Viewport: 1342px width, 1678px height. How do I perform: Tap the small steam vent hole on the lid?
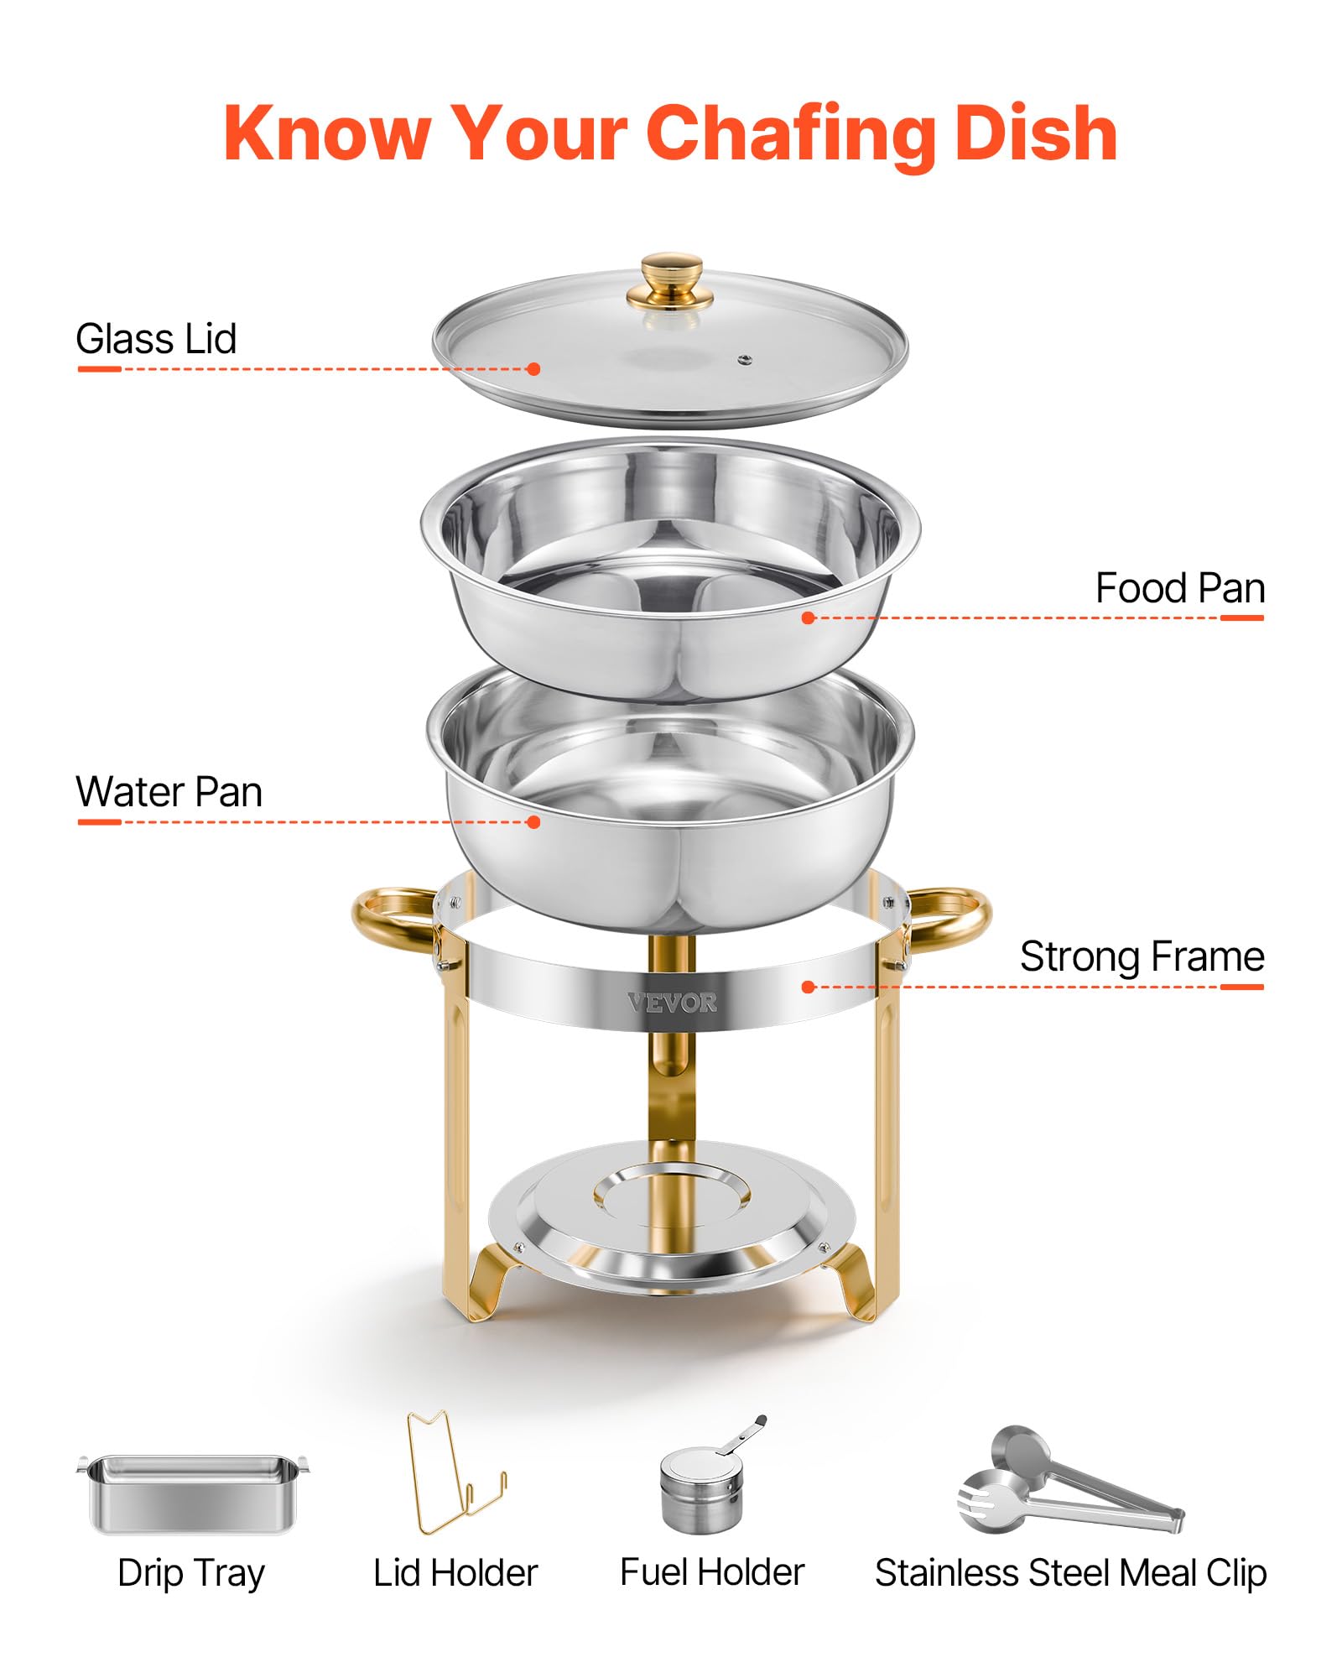click(x=744, y=360)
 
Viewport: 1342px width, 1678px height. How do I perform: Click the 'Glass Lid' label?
click(x=156, y=339)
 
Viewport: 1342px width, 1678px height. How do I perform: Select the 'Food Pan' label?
click(x=1179, y=588)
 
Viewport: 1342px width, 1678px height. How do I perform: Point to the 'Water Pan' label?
click(x=169, y=791)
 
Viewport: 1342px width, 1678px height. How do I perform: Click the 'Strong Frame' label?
click(x=1142, y=956)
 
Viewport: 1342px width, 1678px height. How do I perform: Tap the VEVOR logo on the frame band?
click(x=672, y=1003)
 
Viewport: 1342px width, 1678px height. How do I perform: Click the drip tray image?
click(x=193, y=1494)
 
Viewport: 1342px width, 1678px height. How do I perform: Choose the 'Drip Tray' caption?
click(x=191, y=1573)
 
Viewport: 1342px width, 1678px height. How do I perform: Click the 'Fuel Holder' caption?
click(x=712, y=1572)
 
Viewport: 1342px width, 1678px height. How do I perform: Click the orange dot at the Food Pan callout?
click(x=808, y=618)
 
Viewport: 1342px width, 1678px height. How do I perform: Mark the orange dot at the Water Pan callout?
click(x=533, y=822)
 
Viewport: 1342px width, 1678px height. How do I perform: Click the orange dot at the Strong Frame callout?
click(x=808, y=988)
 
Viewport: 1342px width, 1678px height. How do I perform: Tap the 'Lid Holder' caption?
click(x=455, y=1573)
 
